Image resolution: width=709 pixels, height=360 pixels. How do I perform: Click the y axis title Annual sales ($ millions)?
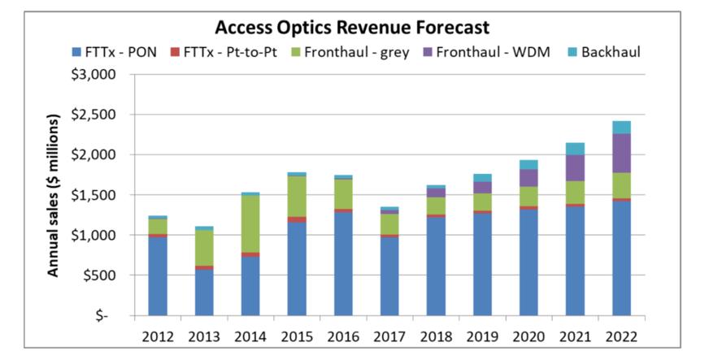pyautogui.click(x=54, y=196)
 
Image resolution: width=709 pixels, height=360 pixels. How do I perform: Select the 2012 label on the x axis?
pyautogui.click(x=158, y=336)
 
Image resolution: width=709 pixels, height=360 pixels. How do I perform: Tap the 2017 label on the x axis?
pyautogui.click(x=389, y=336)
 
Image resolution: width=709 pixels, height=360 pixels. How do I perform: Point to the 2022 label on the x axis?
pyautogui.click(x=621, y=336)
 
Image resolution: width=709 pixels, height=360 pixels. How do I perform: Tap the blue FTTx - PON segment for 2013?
pyautogui.click(x=204, y=292)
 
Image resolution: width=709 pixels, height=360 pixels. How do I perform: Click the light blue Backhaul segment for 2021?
pyautogui.click(x=576, y=149)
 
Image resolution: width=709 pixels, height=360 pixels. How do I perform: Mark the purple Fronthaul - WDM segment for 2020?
pyautogui.click(x=529, y=178)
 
